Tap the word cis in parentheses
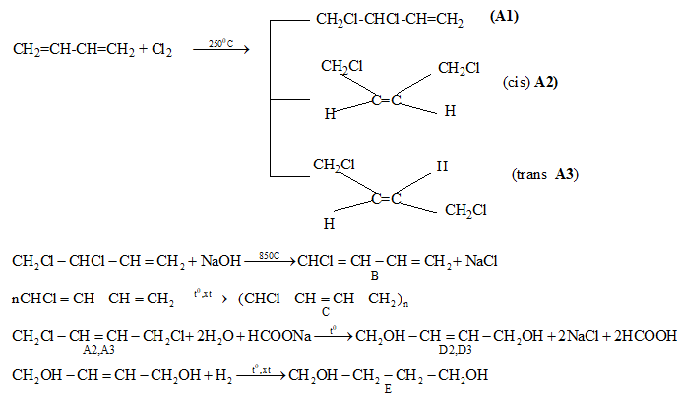point(517,84)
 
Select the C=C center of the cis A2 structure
point(387,100)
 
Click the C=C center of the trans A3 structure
point(387,199)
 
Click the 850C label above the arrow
point(269,256)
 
